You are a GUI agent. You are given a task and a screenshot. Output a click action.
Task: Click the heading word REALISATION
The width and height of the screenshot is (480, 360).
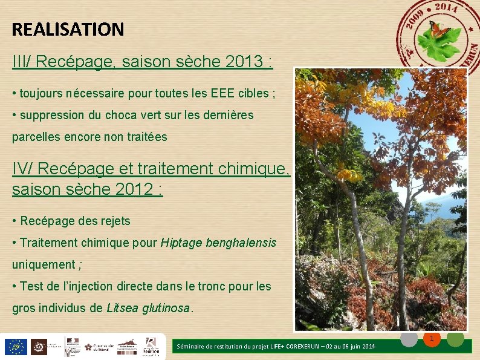tap(68, 29)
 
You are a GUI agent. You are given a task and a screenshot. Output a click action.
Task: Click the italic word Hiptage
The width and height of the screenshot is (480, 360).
tap(181, 243)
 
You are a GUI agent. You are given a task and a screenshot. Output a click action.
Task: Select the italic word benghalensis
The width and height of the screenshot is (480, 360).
tap(241, 243)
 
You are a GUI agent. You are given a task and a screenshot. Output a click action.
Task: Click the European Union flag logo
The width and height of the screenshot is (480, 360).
tap(15, 347)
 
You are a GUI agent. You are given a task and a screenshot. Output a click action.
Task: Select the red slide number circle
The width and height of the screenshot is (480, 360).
tap(432, 339)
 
